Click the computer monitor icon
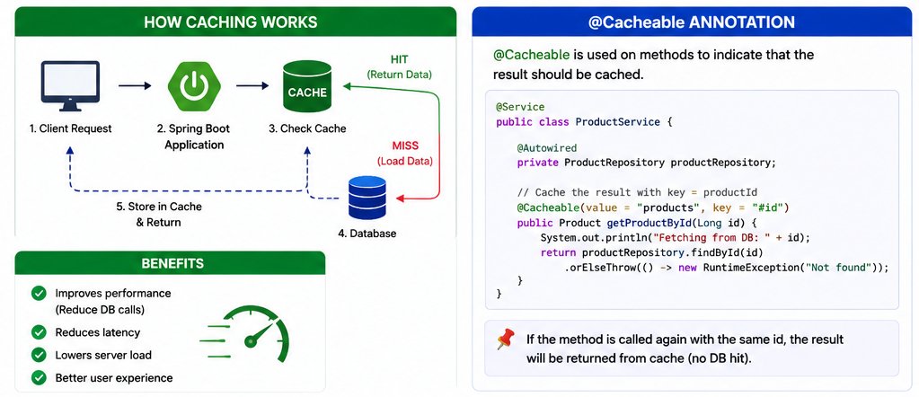[x=70, y=85]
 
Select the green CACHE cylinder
[x=307, y=86]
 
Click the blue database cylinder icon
[x=367, y=198]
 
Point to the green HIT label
[x=399, y=60]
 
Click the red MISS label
[x=404, y=146]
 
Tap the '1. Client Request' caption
[x=70, y=128]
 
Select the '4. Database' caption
[x=367, y=234]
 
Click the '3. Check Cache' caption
[x=307, y=128]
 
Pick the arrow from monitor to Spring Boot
[x=135, y=85]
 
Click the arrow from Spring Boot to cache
[x=252, y=85]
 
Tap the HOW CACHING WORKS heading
[x=230, y=22]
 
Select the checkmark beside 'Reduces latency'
[x=40, y=332]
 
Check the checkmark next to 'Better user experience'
[x=40, y=377]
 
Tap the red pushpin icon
[x=505, y=340]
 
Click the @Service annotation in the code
[x=520, y=107]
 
